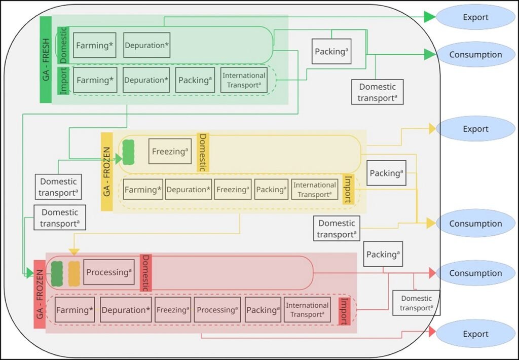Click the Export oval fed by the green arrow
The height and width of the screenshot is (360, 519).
tap(475, 17)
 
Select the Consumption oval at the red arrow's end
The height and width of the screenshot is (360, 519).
tap(475, 273)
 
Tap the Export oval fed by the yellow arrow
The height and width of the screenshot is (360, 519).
tap(475, 129)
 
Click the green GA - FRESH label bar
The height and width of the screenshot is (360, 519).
tap(45, 59)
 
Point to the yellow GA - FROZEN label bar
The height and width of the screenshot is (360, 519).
tap(107, 171)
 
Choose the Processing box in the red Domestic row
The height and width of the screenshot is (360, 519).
tap(108, 272)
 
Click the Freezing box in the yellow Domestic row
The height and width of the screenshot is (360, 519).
tap(170, 151)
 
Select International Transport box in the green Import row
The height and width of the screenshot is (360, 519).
tap(244, 80)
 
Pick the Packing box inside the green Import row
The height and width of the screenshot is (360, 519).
tap(195, 80)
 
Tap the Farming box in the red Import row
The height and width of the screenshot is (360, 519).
tap(75, 310)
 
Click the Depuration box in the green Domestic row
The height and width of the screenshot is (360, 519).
tap(146, 46)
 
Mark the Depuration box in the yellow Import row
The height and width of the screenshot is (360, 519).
tap(188, 189)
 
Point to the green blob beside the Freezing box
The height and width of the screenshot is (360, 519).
tap(128, 152)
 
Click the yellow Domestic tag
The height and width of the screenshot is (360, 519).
tap(203, 152)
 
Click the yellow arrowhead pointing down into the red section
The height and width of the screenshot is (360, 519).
tap(74, 251)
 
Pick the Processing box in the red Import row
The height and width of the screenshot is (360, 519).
tap(217, 310)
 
